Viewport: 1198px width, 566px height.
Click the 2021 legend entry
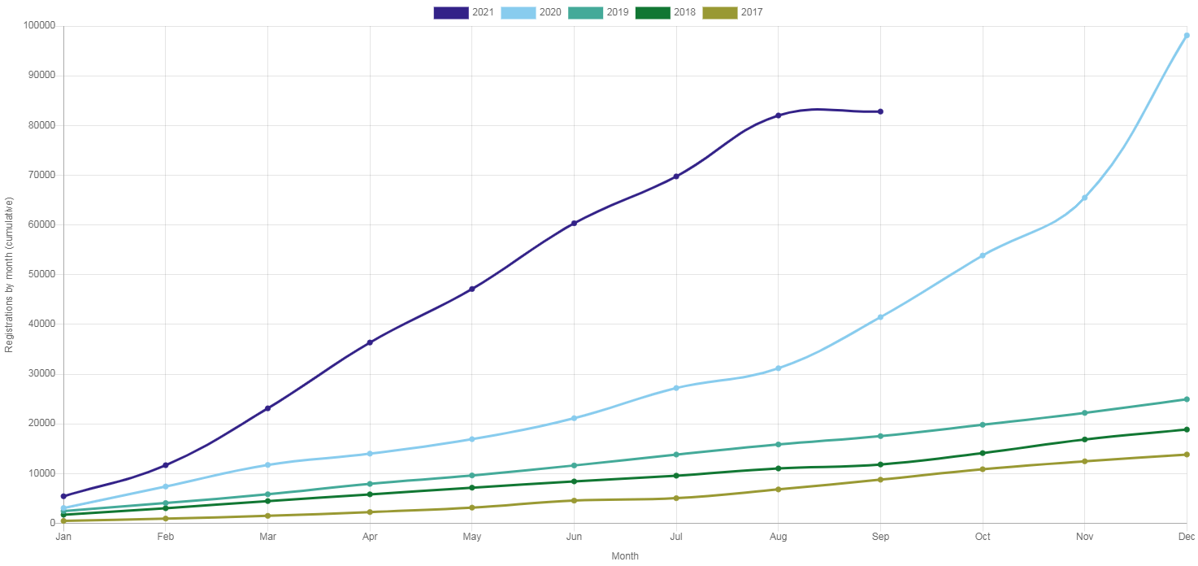464,12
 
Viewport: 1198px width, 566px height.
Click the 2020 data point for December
1187,36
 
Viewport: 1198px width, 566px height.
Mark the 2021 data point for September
880,111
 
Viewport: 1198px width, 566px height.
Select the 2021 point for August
778,115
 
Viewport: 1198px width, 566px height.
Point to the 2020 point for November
1084,198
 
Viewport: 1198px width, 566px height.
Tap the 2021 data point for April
370,342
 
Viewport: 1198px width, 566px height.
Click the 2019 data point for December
1187,399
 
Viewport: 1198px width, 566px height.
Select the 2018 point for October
983,453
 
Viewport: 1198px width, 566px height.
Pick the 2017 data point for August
778,489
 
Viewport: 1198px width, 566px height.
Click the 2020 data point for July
676,388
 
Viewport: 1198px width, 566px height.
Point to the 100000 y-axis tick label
40,25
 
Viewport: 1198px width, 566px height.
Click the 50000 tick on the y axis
42,274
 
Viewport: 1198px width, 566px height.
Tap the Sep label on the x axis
880,537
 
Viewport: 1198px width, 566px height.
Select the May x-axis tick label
471,537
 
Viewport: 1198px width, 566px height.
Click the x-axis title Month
625,556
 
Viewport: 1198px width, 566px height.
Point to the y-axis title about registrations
9,274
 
